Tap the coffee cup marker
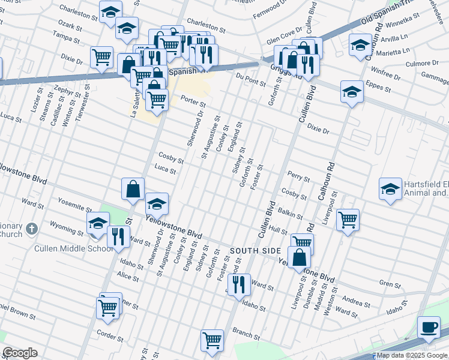point(428,328)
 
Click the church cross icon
point(32,229)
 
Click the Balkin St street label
point(291,213)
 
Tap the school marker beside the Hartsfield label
point(390,190)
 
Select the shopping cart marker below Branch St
point(212,340)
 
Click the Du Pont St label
point(250,77)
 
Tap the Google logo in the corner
point(20,353)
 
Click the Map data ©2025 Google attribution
point(411,356)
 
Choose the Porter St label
point(193,104)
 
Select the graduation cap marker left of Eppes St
point(352,92)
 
